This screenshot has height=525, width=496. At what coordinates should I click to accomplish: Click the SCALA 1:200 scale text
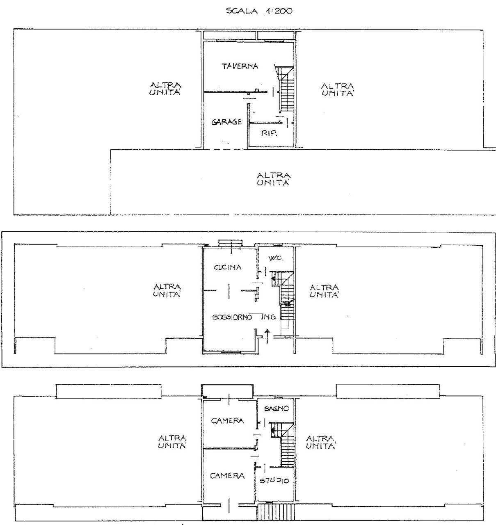pyautogui.click(x=259, y=11)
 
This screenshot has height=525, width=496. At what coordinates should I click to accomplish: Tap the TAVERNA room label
pyautogui.click(x=240, y=66)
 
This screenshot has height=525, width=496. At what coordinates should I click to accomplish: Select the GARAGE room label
pyautogui.click(x=227, y=122)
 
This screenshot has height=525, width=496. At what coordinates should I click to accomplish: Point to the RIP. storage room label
pyautogui.click(x=269, y=133)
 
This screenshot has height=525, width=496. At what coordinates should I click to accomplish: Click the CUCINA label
pyautogui.click(x=228, y=267)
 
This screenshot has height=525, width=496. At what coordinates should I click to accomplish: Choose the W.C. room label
pyautogui.click(x=276, y=258)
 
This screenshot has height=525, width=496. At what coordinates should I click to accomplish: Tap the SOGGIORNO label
pyautogui.click(x=232, y=317)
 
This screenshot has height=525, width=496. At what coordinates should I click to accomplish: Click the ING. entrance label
pyautogui.click(x=268, y=317)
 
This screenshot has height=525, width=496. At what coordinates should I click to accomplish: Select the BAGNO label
pyautogui.click(x=277, y=409)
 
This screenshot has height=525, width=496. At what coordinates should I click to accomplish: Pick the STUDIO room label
pyautogui.click(x=274, y=480)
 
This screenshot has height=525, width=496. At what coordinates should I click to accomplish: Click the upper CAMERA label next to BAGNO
pyautogui.click(x=227, y=420)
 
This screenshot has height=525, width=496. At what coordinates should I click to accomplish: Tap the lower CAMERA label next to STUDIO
pyautogui.click(x=227, y=476)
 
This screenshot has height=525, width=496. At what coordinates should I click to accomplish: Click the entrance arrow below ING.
pyautogui.click(x=267, y=336)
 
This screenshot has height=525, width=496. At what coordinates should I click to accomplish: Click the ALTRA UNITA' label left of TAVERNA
pyautogui.click(x=165, y=89)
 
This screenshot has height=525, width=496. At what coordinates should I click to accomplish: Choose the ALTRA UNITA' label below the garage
pyautogui.click(x=274, y=179)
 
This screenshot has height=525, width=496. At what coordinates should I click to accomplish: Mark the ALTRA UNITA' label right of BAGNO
pyautogui.click(x=320, y=442)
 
